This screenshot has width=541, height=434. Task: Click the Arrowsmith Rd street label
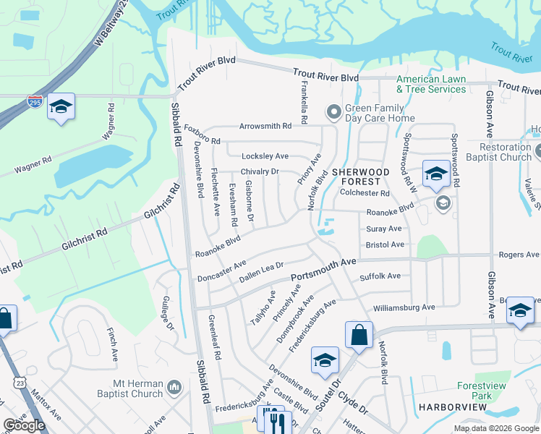(266, 126)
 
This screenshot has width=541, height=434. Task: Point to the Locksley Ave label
(265, 156)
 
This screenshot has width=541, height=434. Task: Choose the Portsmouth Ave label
(324, 271)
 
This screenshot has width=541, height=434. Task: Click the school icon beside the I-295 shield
(61, 108)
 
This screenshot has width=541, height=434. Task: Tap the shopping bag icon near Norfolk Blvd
(359, 334)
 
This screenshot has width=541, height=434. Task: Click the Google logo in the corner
(24, 425)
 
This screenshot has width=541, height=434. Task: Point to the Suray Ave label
(383, 229)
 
